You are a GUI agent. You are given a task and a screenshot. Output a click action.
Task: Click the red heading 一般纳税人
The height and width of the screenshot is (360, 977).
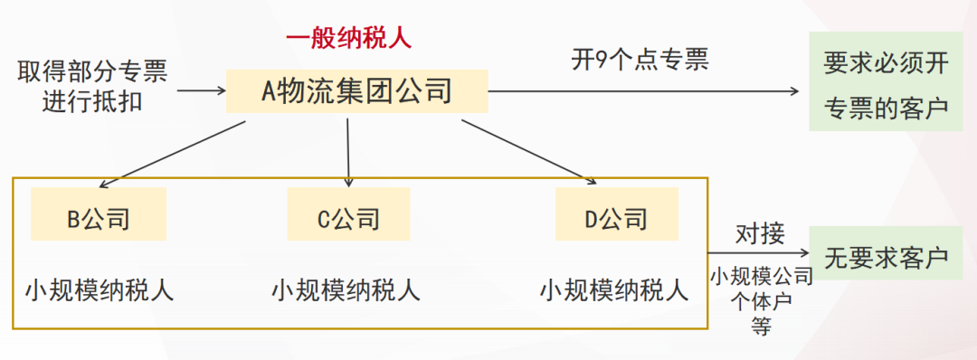pos(348,38)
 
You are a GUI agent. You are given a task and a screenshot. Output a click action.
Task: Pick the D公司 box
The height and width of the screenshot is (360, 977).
pos(616,220)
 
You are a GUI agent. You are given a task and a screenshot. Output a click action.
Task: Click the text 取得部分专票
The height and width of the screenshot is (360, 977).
pos(91,71)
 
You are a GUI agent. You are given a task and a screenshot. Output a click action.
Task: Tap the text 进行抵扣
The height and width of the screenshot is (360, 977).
pos(91,100)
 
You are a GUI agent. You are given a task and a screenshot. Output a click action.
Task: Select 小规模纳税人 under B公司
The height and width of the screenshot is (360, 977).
pos(100,290)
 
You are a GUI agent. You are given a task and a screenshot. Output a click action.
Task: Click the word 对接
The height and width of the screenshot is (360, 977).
pos(759,234)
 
